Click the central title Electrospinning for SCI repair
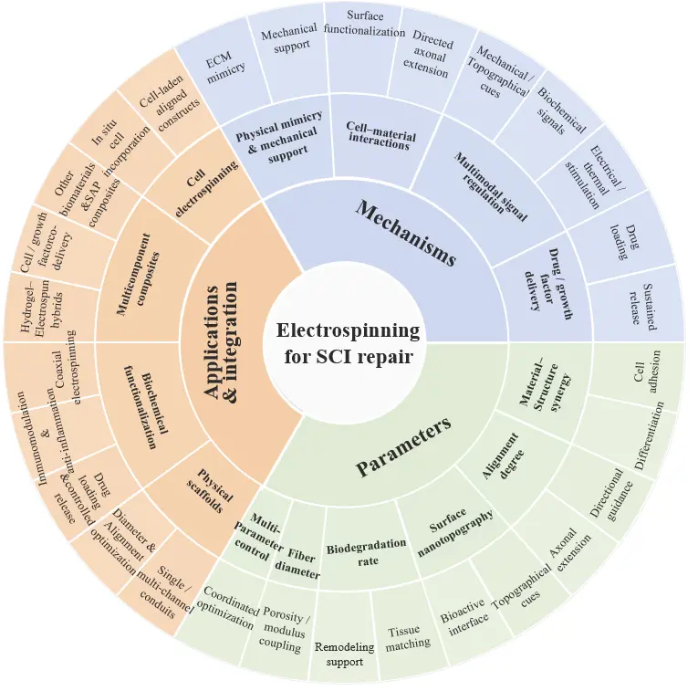coord(348,343)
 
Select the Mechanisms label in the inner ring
coord(405,233)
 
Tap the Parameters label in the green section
coord(404,446)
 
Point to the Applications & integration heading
coord(221,343)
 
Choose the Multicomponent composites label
coord(138,275)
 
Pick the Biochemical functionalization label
coord(146,406)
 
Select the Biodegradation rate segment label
coord(367,552)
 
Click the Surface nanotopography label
coord(454,532)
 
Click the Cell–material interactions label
coord(380,135)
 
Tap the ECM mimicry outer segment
coord(225,68)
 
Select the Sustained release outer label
coord(643,307)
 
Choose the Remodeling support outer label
coord(345,654)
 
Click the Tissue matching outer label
coord(407,638)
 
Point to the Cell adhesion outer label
coord(647,372)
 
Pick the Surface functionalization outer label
coord(365,24)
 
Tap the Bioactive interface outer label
coord(464,618)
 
